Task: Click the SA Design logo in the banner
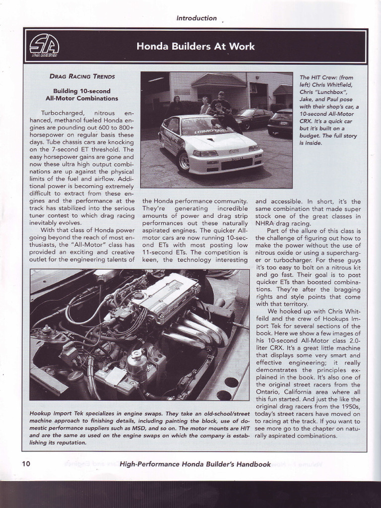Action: click(x=44, y=46)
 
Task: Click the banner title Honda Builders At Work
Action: click(x=195, y=47)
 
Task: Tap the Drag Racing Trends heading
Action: click(x=82, y=76)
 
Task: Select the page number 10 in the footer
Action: click(x=26, y=464)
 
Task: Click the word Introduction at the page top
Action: click(x=196, y=18)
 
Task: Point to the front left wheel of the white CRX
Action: click(x=184, y=162)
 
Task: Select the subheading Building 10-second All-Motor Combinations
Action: click(x=81, y=95)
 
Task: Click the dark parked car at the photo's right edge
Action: click(x=281, y=122)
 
